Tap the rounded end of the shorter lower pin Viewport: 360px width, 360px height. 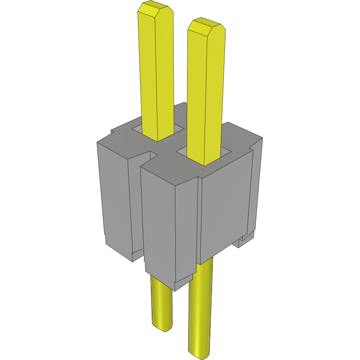coord(162,325)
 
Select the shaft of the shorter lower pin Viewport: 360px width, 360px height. coord(161,301)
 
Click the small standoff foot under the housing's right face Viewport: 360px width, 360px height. coord(246,240)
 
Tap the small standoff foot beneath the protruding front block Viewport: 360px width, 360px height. coord(183,283)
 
